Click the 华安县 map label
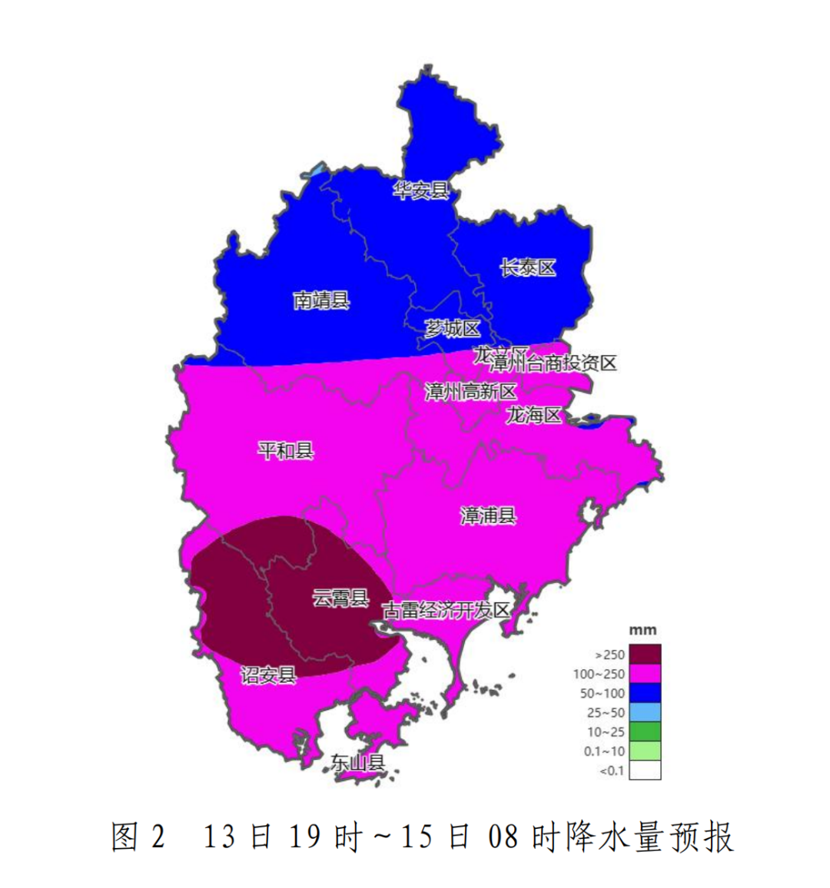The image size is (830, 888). tap(420, 190)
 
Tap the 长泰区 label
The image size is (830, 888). tap(527, 267)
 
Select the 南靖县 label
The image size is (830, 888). tap(321, 300)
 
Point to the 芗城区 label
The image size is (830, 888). tap(453, 329)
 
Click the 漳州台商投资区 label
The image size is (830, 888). tap(553, 363)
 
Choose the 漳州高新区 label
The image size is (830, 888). tap(470, 392)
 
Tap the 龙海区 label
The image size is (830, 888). tap(533, 416)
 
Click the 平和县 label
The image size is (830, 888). tap(285, 450)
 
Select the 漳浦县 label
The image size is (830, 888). tap(487, 515)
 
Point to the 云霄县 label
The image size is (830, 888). tap(340, 598)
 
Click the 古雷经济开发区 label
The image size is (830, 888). tap(447, 611)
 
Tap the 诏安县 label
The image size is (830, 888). tap(268, 675)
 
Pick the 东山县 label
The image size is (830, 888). tap(357, 763)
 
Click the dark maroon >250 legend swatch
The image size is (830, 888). tap(645, 654)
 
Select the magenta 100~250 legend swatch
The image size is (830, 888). tap(645, 674)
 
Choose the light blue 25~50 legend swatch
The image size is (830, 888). tap(645, 712)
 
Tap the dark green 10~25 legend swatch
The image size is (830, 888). tap(645, 731)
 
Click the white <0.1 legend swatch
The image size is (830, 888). tap(645, 770)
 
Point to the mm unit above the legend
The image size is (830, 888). tap(642, 631)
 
